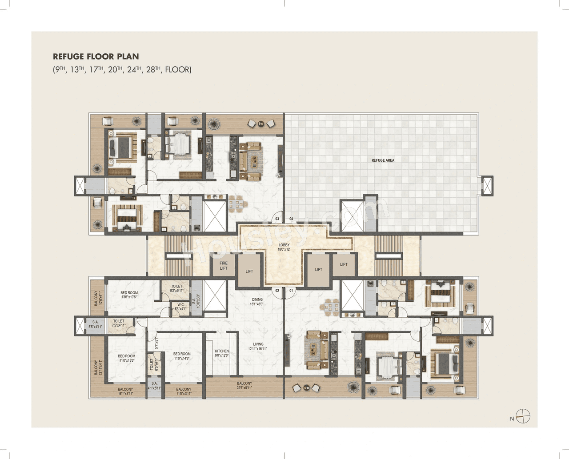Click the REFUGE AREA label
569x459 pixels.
pos(383,160)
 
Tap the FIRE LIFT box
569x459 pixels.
pos(224,266)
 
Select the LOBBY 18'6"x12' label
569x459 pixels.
pos(284,247)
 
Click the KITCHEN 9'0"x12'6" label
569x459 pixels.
pos(222,353)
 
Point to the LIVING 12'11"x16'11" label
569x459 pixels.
pos(258,347)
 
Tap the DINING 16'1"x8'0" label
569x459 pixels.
pos(257,302)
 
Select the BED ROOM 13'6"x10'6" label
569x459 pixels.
pos(129,295)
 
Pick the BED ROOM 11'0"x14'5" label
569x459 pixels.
pos(182,356)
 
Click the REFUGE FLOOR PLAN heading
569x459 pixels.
pos(96,56)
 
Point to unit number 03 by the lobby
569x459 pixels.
pos(277,219)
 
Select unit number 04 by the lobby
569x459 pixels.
pos(291,219)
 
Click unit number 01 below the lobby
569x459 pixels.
pos(292,291)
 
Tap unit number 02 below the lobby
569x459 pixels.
pos(277,291)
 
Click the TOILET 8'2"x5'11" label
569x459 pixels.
pos(176,288)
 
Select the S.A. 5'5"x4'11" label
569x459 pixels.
pos(95,324)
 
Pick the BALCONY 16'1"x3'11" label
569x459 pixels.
pos(125,391)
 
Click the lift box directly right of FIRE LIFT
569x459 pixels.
pos(249,271)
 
